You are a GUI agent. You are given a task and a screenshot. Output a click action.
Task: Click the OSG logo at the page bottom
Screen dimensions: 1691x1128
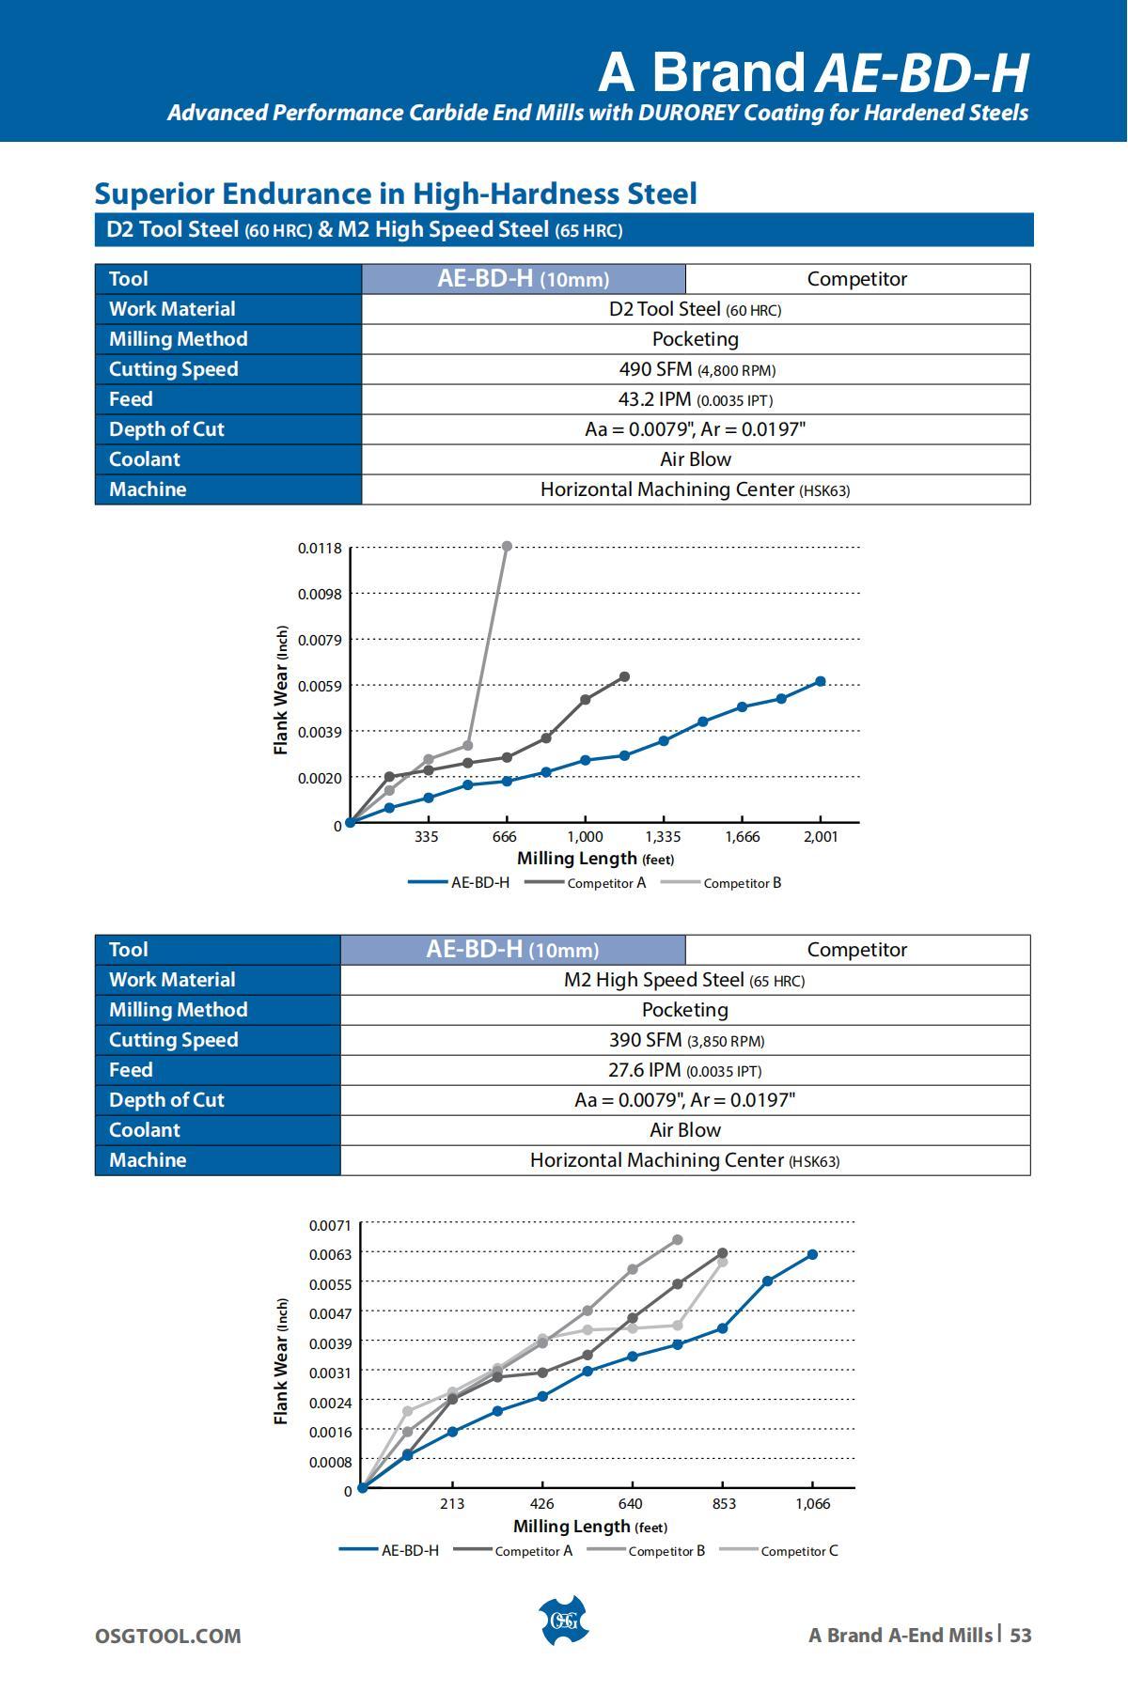(563, 1621)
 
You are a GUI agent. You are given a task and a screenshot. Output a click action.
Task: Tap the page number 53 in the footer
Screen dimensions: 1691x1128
(1020, 1636)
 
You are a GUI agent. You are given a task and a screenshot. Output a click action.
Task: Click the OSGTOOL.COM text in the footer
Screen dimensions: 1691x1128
(167, 1637)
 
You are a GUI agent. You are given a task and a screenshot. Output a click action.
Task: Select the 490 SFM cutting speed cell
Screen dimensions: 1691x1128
(696, 369)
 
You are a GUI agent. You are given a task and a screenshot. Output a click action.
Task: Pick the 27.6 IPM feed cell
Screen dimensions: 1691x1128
(684, 1070)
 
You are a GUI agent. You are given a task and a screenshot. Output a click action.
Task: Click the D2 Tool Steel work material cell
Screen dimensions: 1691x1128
(696, 309)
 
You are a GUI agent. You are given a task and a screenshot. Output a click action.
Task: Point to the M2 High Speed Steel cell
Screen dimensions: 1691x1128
(684, 980)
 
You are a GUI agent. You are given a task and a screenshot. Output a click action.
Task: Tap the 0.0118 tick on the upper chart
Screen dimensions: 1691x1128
(320, 548)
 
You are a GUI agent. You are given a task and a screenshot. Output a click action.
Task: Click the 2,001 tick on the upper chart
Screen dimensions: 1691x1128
(820, 837)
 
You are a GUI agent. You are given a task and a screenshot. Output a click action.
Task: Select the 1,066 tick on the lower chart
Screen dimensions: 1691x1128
(812, 1504)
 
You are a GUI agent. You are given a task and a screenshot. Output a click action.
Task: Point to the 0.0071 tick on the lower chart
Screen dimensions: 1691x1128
(329, 1225)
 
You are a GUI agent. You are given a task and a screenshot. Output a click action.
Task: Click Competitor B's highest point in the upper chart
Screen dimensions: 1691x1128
(507, 546)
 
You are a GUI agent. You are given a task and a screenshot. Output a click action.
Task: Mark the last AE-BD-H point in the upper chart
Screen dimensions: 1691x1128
(821, 681)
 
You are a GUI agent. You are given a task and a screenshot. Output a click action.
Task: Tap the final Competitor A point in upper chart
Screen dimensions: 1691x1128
(625, 676)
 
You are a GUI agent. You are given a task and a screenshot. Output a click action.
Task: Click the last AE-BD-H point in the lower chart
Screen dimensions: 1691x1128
(812, 1254)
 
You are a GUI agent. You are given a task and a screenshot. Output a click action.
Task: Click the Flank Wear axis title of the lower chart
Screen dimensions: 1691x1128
(281, 1361)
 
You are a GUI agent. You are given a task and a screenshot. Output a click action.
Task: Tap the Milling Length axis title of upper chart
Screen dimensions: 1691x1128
(595, 859)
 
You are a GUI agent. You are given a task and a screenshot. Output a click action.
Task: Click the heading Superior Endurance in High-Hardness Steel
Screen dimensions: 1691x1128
(396, 194)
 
